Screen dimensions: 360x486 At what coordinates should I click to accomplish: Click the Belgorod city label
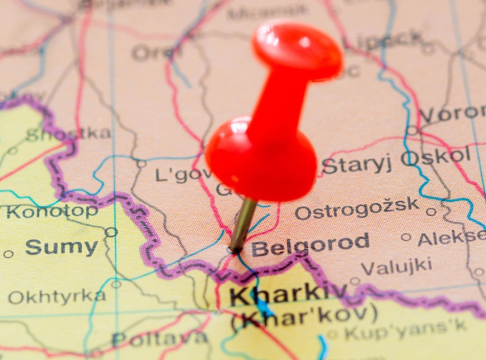pyautogui.click(x=310, y=244)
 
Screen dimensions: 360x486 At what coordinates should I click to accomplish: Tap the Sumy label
pyautogui.click(x=61, y=247)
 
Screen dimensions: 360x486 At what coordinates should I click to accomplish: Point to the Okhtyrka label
pyautogui.click(x=57, y=297)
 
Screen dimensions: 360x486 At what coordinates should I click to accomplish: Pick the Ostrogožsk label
pyautogui.click(x=357, y=209)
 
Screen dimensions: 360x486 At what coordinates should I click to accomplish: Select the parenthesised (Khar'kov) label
pyautogui.click(x=304, y=318)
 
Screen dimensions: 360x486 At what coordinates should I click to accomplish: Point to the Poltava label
pyautogui.click(x=160, y=339)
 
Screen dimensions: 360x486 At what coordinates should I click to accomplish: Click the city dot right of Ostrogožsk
pyautogui.click(x=430, y=212)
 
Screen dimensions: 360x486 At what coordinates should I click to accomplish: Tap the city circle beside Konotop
pyautogui.click(x=111, y=232)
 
